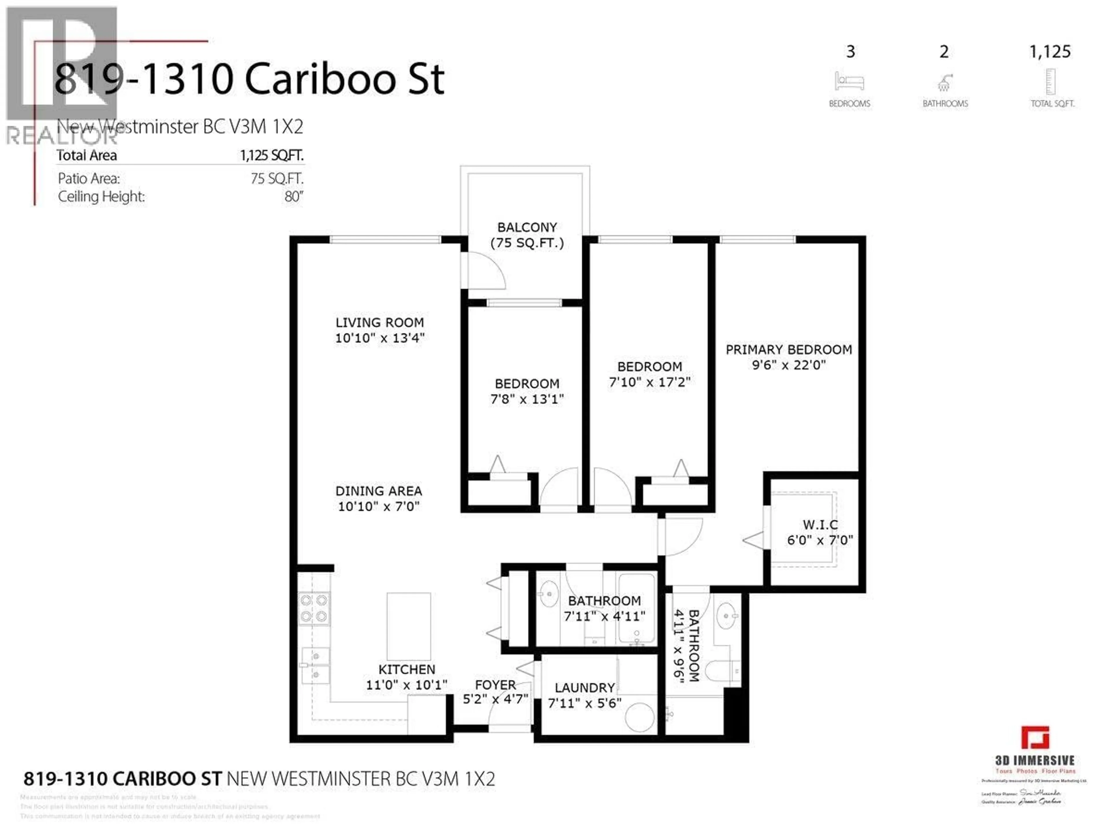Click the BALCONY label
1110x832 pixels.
[527, 228]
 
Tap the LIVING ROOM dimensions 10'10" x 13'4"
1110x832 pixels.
[380, 338]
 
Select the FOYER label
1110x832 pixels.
[495, 685]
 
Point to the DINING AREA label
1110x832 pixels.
[379, 491]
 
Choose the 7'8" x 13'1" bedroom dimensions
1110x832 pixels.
[527, 399]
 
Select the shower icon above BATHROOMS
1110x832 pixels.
[944, 83]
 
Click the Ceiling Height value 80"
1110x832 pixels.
[294, 196]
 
